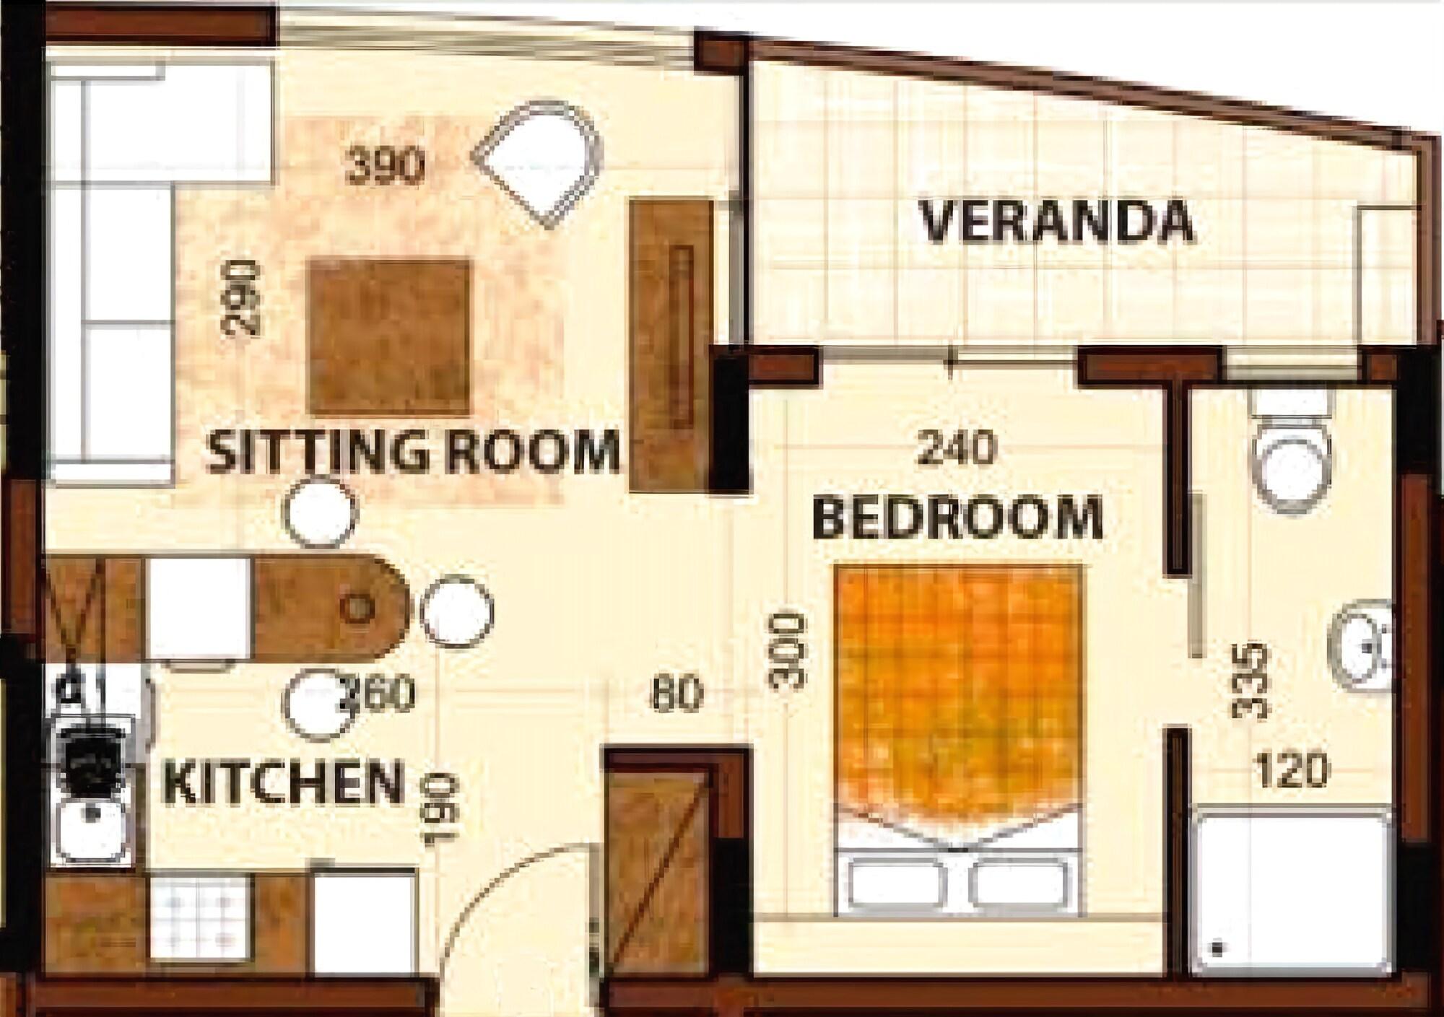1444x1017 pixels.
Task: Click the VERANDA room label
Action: click(1056, 222)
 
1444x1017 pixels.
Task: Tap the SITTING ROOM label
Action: click(413, 453)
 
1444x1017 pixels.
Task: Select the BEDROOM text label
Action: click(958, 518)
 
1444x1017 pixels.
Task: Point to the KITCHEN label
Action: click(283, 782)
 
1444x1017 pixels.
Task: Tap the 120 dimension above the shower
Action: click(1292, 771)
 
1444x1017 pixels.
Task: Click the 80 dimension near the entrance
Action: click(676, 694)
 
